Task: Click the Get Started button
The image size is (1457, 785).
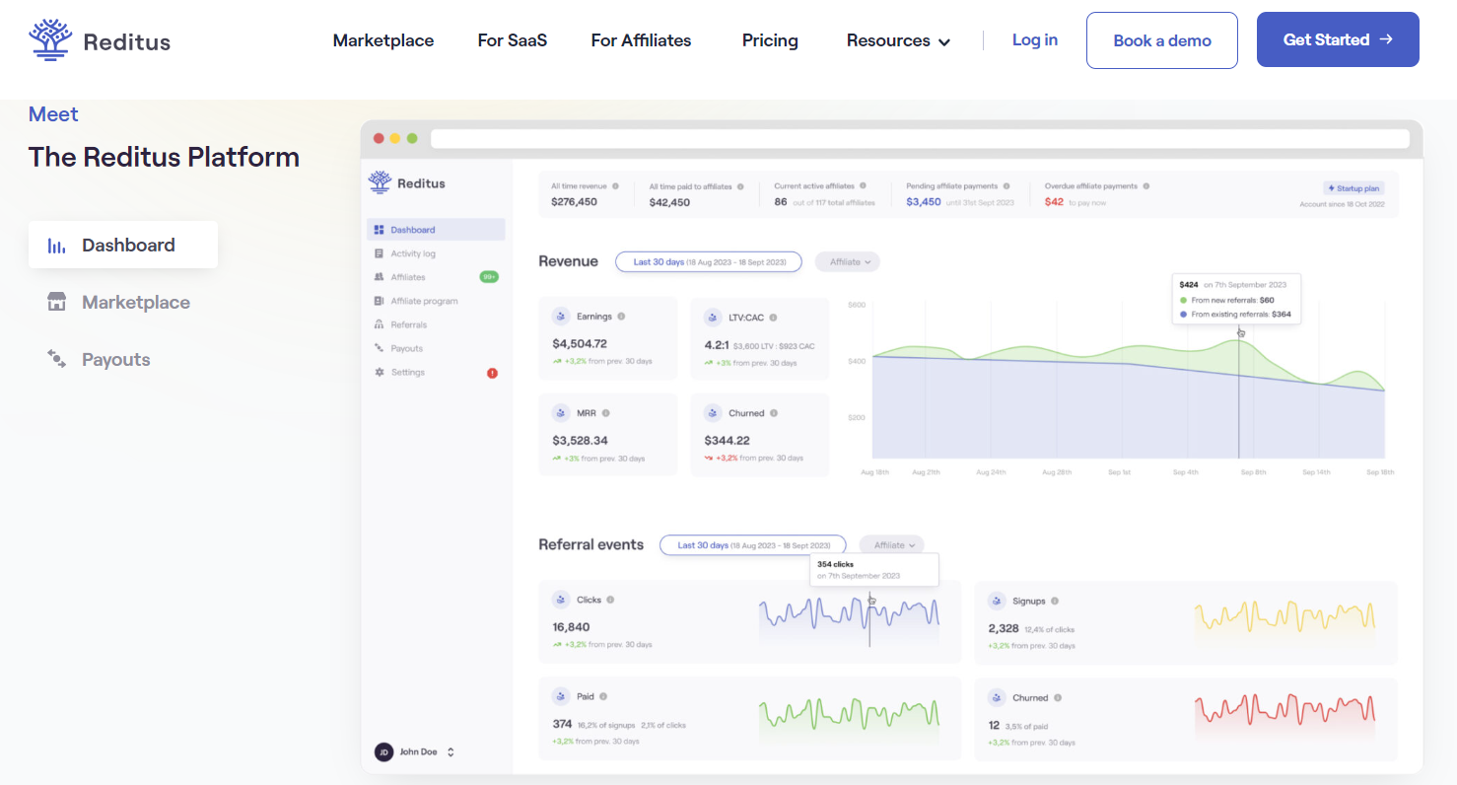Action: click(1337, 39)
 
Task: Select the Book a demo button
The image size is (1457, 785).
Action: click(1161, 40)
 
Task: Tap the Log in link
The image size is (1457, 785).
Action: click(1034, 39)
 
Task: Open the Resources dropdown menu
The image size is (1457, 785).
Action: click(897, 40)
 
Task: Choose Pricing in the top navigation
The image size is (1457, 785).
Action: click(770, 40)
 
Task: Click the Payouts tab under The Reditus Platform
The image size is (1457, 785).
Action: click(115, 360)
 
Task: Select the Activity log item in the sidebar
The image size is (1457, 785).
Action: click(412, 253)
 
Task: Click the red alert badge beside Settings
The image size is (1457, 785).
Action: click(492, 373)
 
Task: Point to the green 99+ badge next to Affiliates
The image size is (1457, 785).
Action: click(489, 277)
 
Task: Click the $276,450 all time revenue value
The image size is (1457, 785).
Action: click(575, 202)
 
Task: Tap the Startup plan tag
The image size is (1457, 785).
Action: click(1354, 187)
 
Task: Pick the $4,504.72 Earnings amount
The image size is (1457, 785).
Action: click(580, 344)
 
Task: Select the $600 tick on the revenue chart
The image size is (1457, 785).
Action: click(856, 305)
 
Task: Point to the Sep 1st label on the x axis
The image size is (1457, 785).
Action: click(1119, 472)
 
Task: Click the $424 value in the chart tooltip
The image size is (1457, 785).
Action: click(1190, 285)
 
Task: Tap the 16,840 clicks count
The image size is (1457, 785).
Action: click(571, 627)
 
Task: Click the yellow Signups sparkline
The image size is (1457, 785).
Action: click(1284, 617)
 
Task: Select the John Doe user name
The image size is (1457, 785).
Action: click(418, 751)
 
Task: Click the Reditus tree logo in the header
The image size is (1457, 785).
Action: click(49, 39)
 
